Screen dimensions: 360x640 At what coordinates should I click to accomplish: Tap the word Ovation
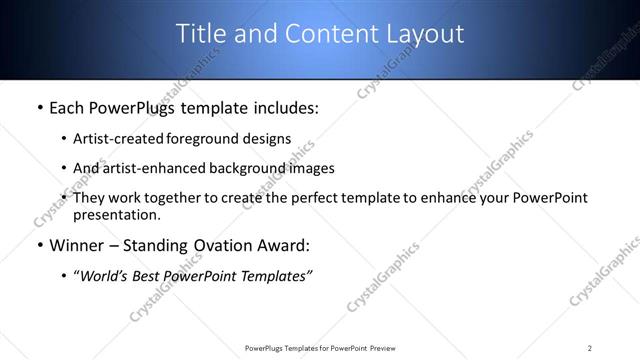coord(236,246)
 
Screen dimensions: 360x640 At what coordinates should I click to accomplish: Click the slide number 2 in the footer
coord(590,347)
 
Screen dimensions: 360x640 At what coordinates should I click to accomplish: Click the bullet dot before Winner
coord(39,246)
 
